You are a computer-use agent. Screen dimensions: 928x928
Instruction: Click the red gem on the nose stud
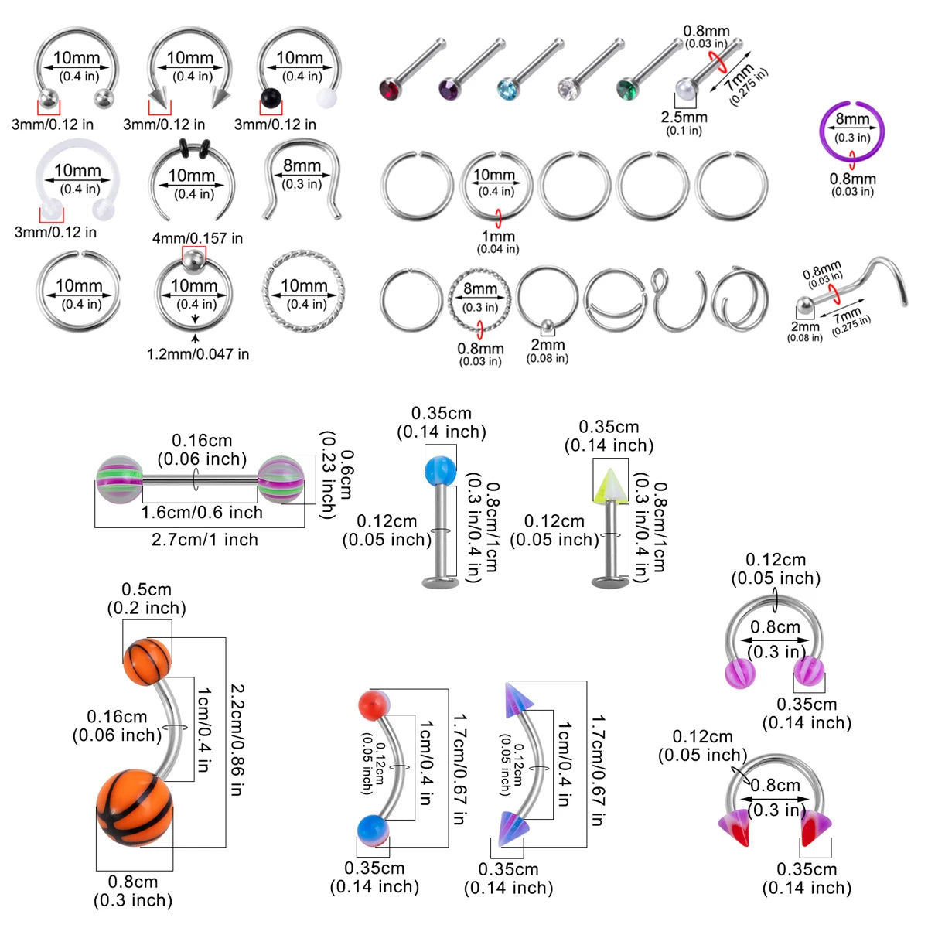click(x=390, y=90)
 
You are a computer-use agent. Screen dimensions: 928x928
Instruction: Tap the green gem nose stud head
click(x=628, y=89)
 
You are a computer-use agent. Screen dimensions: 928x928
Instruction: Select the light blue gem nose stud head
click(x=509, y=90)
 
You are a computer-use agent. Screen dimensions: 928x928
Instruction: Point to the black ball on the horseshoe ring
click(x=271, y=98)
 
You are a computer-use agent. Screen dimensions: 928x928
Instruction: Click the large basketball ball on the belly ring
click(x=135, y=808)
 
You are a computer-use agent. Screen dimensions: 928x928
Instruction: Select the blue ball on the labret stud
click(x=440, y=470)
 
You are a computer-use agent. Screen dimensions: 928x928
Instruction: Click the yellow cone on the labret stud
click(x=610, y=486)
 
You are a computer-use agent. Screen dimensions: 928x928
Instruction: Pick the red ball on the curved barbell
click(x=374, y=705)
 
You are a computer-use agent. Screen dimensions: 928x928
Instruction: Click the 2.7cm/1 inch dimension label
click(x=205, y=539)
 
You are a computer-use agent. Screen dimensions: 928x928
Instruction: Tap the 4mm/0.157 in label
click(x=197, y=238)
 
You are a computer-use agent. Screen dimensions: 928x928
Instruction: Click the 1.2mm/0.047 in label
click(x=198, y=354)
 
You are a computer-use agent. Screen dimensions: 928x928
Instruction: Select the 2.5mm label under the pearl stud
click(x=684, y=117)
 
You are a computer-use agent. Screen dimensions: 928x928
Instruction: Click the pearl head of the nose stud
click(x=686, y=89)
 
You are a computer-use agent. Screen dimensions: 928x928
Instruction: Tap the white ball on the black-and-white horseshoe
click(x=326, y=97)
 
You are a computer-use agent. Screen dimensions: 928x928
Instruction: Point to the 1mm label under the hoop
click(x=499, y=237)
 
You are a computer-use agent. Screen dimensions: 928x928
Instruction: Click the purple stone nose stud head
click(x=450, y=89)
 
